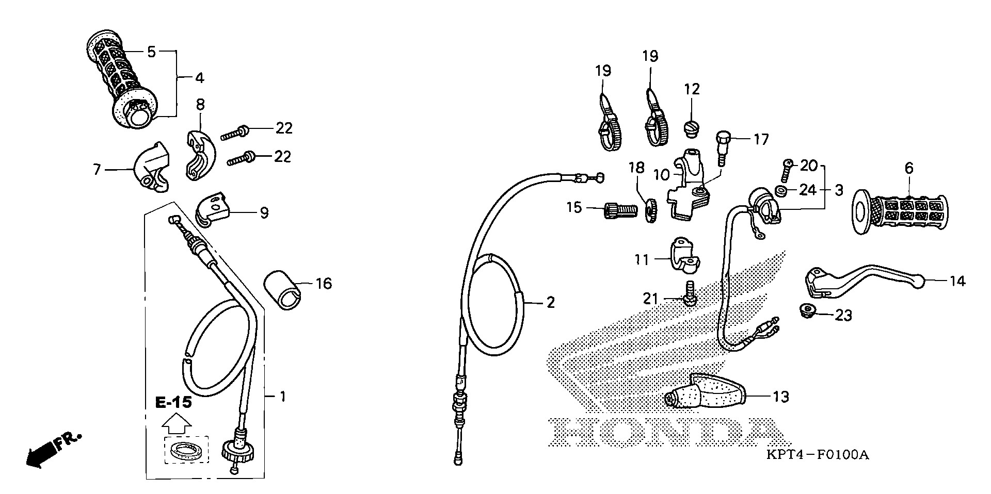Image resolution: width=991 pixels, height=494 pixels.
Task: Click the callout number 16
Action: [x=324, y=284]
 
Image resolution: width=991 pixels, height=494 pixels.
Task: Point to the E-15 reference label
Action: [x=174, y=402]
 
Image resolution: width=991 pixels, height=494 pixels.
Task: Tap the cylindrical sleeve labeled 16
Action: [x=283, y=291]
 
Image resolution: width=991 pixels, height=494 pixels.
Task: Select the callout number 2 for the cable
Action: [x=550, y=303]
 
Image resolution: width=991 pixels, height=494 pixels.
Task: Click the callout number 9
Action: [x=264, y=212]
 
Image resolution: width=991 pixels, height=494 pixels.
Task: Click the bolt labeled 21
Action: [x=689, y=294]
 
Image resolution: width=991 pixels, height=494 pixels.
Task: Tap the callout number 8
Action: [x=200, y=105]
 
